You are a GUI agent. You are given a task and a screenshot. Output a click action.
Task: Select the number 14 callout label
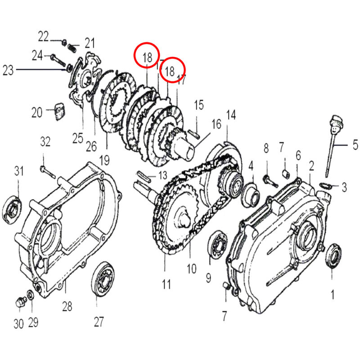click(230, 115)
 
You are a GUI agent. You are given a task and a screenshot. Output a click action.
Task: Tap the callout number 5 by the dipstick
click(355, 145)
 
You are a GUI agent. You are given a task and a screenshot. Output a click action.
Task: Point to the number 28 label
click(67, 306)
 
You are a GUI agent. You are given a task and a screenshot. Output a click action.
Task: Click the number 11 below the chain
click(166, 284)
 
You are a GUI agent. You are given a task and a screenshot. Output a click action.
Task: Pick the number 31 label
click(18, 171)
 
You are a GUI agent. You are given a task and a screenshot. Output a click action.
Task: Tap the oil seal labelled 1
click(333, 256)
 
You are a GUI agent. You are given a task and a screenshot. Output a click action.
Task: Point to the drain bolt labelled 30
click(19, 302)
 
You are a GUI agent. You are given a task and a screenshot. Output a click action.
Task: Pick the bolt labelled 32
click(46, 170)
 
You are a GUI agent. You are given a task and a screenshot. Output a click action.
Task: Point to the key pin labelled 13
click(143, 175)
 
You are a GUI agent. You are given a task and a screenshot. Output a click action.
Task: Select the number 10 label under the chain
click(191, 269)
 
